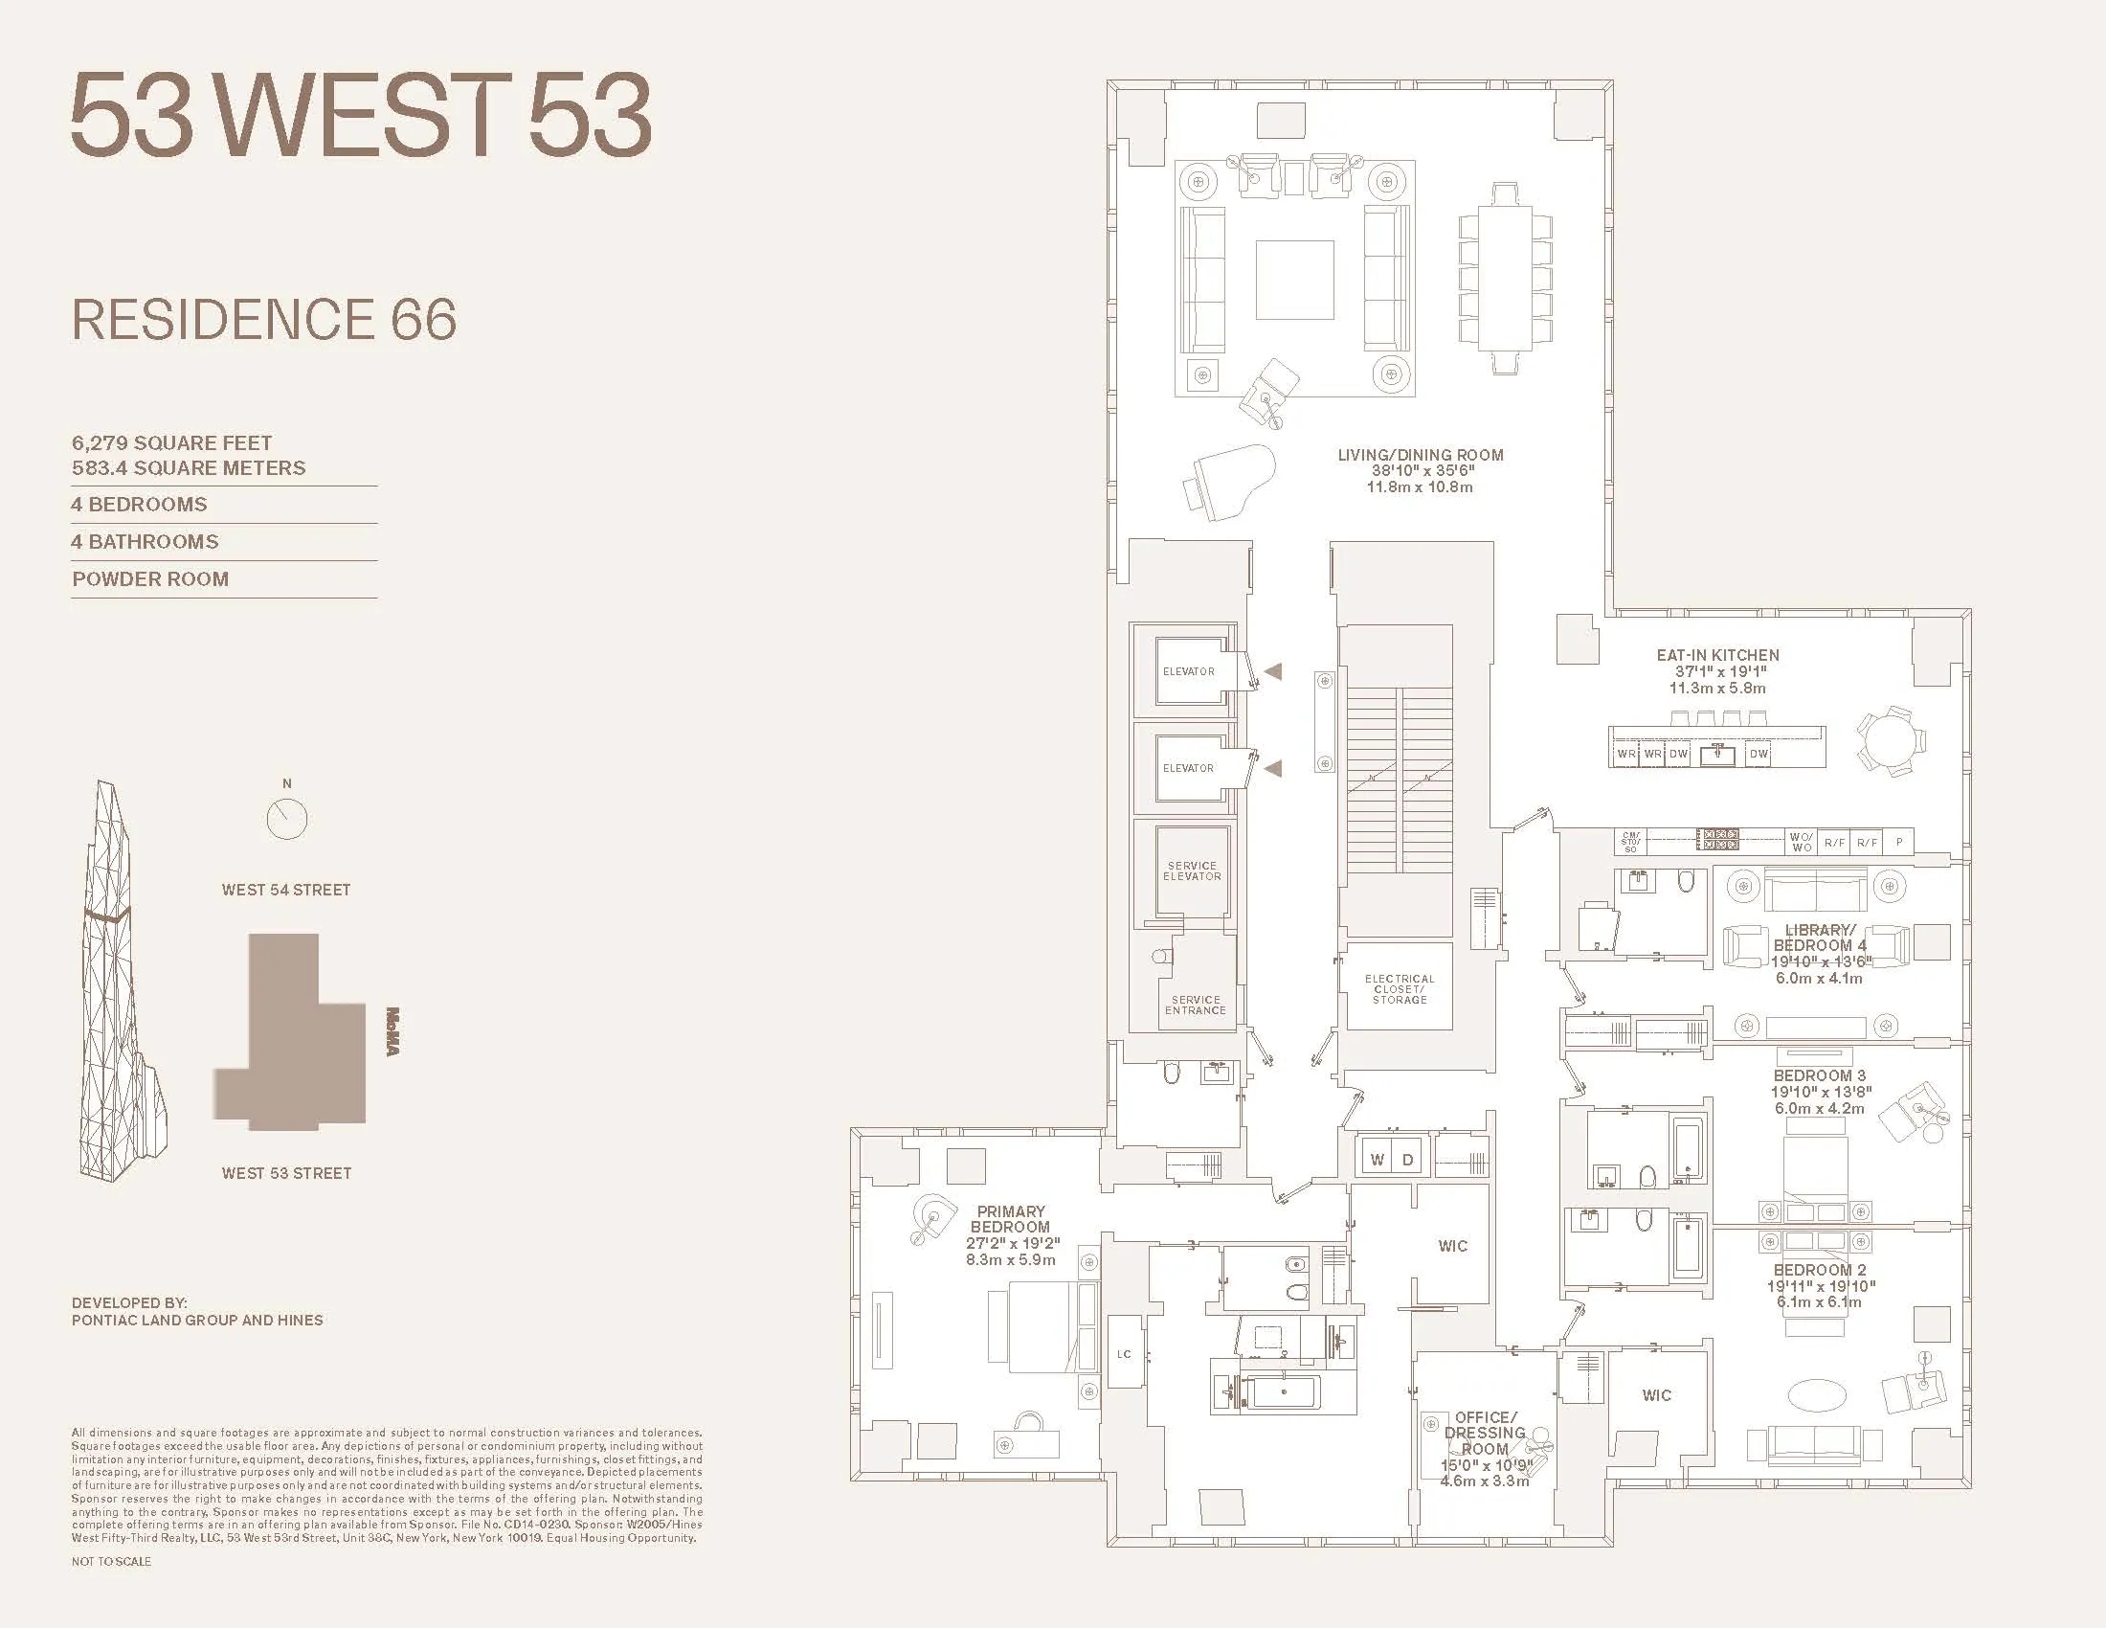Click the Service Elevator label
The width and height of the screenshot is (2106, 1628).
(x=1192, y=871)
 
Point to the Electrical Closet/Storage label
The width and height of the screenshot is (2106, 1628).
(x=1400, y=988)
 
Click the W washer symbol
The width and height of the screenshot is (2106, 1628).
(x=1378, y=1160)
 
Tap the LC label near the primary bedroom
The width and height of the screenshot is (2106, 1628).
(x=1124, y=1354)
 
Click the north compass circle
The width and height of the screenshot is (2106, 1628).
(x=286, y=820)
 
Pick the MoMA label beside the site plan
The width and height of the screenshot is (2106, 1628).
(x=392, y=1031)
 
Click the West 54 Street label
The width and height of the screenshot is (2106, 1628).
(x=286, y=891)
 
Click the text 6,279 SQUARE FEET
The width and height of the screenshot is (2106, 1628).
(x=171, y=442)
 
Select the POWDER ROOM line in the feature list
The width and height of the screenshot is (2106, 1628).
(x=150, y=579)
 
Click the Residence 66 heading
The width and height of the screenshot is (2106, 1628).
(x=264, y=319)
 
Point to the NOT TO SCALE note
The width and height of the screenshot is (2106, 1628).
(x=111, y=1562)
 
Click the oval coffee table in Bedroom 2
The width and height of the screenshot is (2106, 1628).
(x=1817, y=1394)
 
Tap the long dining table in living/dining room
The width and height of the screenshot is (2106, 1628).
(x=1505, y=279)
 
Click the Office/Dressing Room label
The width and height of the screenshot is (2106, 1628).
(x=1485, y=1433)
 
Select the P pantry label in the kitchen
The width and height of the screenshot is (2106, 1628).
(x=1898, y=842)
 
